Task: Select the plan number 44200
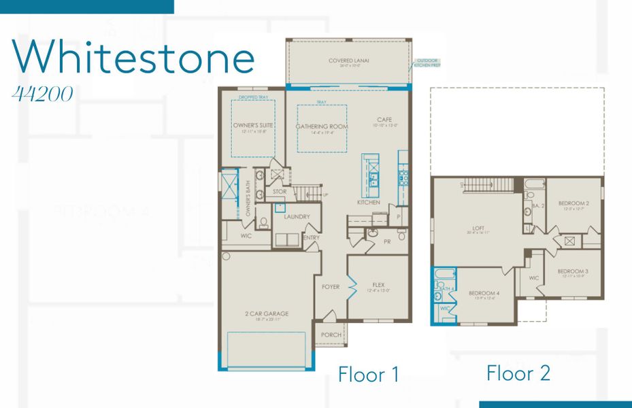click(x=42, y=95)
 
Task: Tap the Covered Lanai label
click(x=348, y=61)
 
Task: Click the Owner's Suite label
click(x=252, y=126)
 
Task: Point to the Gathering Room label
click(x=322, y=127)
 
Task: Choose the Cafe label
click(x=384, y=120)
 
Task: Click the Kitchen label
click(x=369, y=203)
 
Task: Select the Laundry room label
click(x=297, y=217)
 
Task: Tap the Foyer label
click(x=331, y=287)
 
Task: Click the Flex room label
click(x=379, y=285)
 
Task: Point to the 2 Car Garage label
click(x=267, y=314)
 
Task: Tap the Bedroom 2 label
click(x=573, y=203)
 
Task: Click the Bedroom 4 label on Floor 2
click(x=484, y=294)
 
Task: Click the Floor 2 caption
click(x=518, y=373)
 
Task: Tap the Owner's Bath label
click(x=248, y=203)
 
